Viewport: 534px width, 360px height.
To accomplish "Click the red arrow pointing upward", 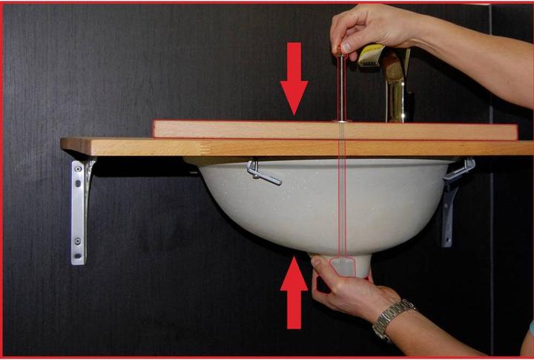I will coord(294,294).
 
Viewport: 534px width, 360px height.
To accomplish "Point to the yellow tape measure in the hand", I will coord(371,56).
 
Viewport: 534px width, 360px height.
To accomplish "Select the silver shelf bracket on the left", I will coord(80,208).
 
